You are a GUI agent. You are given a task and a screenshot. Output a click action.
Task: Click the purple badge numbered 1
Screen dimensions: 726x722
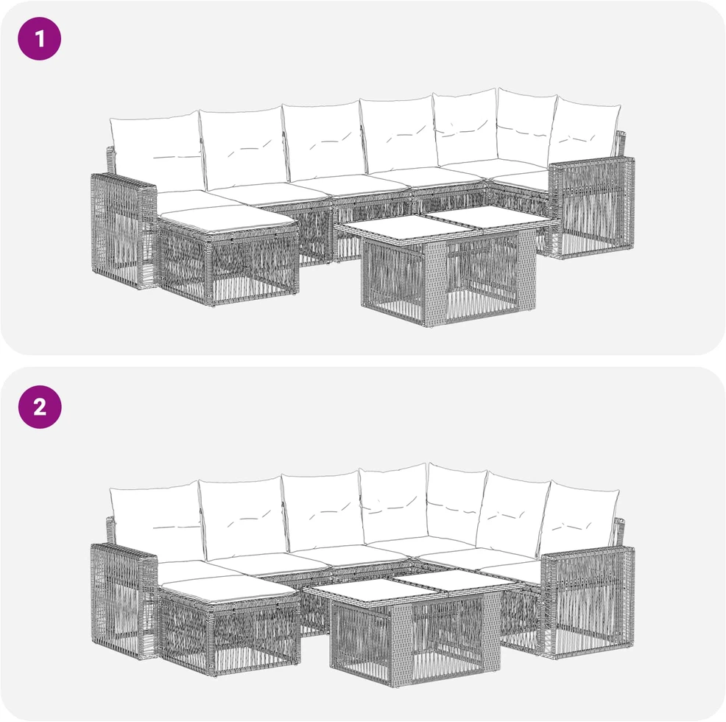point(39,38)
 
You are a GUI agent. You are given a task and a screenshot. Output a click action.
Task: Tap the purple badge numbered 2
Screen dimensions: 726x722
point(39,407)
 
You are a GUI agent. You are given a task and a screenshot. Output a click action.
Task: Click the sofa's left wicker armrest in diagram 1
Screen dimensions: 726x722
point(123,231)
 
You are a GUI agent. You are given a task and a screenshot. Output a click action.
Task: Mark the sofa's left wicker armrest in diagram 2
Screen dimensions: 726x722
point(123,601)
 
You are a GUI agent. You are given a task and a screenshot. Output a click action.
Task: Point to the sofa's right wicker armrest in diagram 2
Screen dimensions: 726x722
point(588,601)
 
